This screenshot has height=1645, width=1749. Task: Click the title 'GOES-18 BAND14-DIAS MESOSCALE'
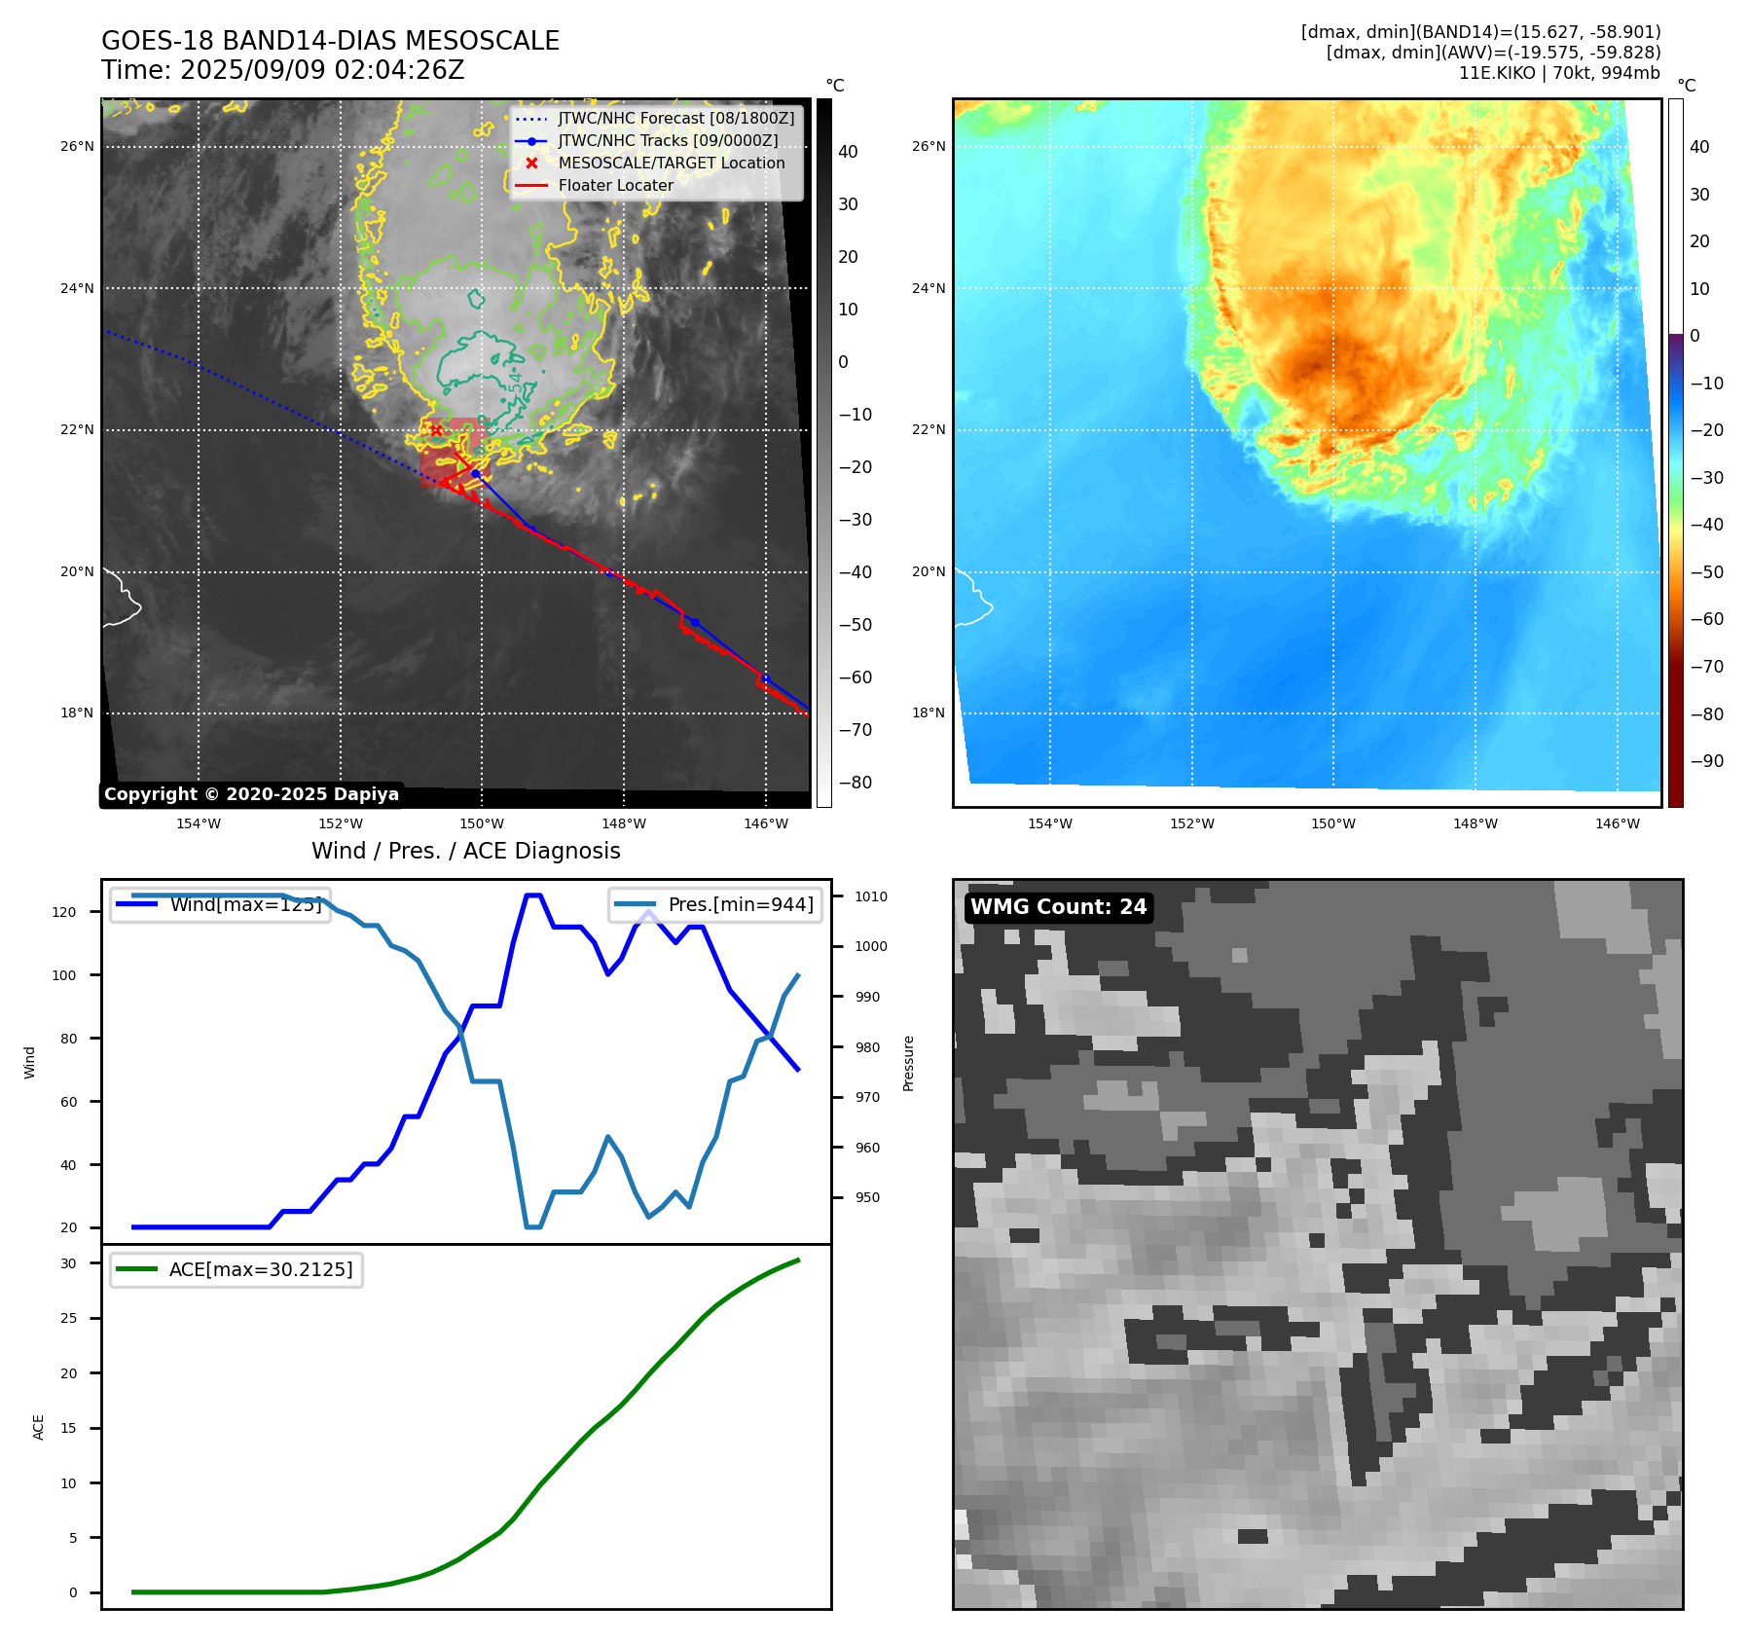click(x=330, y=41)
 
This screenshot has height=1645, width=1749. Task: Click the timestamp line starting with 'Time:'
click(x=282, y=70)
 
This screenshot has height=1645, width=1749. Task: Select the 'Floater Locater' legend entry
click(x=615, y=185)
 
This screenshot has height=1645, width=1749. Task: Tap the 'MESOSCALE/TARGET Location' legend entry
click(x=671, y=163)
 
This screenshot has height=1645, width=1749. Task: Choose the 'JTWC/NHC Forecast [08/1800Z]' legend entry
click(x=675, y=118)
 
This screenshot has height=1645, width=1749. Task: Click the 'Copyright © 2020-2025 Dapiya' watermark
click(x=251, y=794)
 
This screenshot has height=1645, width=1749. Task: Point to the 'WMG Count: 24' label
click(x=1058, y=907)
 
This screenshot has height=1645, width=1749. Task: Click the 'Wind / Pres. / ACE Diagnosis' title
click(x=465, y=851)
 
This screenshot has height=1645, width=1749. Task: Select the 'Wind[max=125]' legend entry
click(x=245, y=904)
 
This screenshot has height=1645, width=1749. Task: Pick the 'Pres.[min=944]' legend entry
click(x=740, y=904)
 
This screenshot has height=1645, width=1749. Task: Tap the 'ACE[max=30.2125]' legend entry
click(x=260, y=1269)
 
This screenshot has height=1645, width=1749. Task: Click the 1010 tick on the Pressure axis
click(x=871, y=896)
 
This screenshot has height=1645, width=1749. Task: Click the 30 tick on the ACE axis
click(x=68, y=1263)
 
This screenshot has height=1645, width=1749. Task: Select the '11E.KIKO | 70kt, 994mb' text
click(x=1559, y=73)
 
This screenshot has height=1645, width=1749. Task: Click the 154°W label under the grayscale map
click(x=199, y=823)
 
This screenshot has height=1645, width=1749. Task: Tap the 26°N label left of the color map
click(x=928, y=147)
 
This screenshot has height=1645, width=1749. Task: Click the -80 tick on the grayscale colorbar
click(x=856, y=783)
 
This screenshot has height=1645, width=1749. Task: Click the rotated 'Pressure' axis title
click(x=908, y=1063)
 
